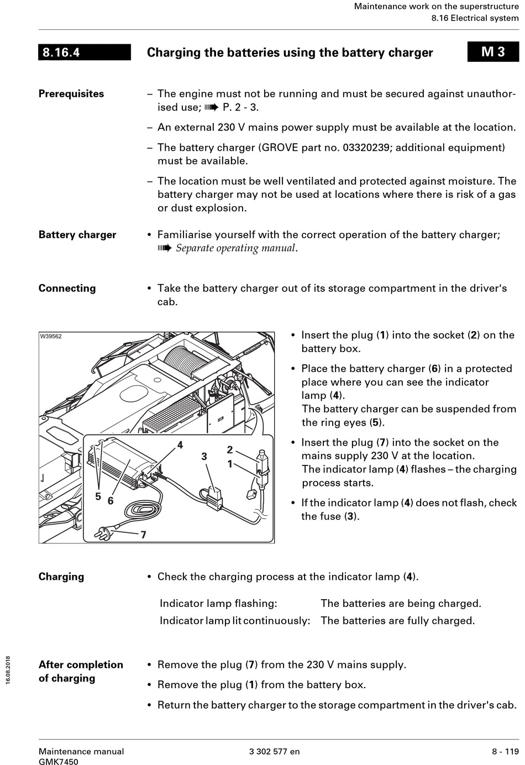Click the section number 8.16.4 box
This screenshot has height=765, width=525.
pos(84,53)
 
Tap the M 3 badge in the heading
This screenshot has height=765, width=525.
pos(493,52)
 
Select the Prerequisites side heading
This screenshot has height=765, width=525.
pos(71,94)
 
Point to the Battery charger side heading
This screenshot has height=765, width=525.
pos(77,235)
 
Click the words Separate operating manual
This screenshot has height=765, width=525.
pos(236,248)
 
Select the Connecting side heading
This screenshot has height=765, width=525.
pos(67,289)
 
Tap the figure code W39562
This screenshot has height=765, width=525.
pos(51,337)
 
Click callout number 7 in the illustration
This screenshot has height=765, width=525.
pos(143,535)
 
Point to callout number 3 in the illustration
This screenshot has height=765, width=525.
pos(204,457)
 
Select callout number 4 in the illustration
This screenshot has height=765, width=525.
pos(180,445)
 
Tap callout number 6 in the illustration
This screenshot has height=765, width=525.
pos(111,500)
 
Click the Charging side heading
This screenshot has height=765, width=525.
pos(61,577)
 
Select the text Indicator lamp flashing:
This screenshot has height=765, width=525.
pos(218,604)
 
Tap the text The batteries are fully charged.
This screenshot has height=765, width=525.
pos(397,621)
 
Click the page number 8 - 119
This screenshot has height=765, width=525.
pos(505,752)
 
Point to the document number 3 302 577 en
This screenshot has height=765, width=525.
pos(275,752)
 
